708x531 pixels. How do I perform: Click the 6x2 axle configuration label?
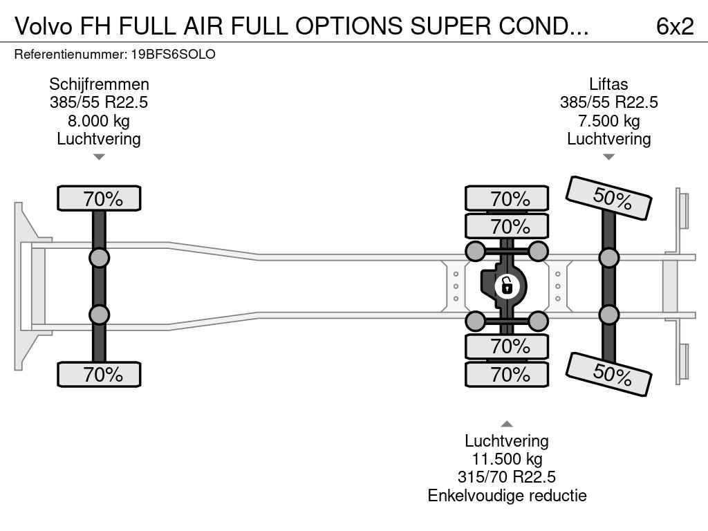pos(675,26)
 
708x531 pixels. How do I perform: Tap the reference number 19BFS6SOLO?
pos(174,54)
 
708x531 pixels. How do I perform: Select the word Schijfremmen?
pos(99,84)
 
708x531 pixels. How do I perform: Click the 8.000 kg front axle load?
pos(99,121)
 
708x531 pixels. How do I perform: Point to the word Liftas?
pos(608,84)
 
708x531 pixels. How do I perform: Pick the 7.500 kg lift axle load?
pos(608,121)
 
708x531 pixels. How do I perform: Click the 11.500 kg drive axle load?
pos(507,459)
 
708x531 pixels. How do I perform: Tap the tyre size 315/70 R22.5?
pos(507,477)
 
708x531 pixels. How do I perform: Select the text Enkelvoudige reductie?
pos(507,495)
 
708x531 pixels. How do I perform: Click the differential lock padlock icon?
pos(507,286)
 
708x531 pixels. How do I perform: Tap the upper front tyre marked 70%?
pos(99,198)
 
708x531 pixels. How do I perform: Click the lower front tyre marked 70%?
pos(99,374)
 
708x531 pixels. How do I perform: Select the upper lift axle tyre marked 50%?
pos(608,198)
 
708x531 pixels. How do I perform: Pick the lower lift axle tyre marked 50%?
pos(608,374)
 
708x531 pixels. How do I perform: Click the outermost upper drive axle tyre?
pos(507,198)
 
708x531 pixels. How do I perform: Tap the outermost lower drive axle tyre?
pos(507,374)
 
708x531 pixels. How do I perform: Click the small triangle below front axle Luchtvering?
pos(99,157)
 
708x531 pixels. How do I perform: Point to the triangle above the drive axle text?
pos(507,424)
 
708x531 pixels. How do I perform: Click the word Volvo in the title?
pos(44,26)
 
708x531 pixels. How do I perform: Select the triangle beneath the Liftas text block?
pos(608,157)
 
